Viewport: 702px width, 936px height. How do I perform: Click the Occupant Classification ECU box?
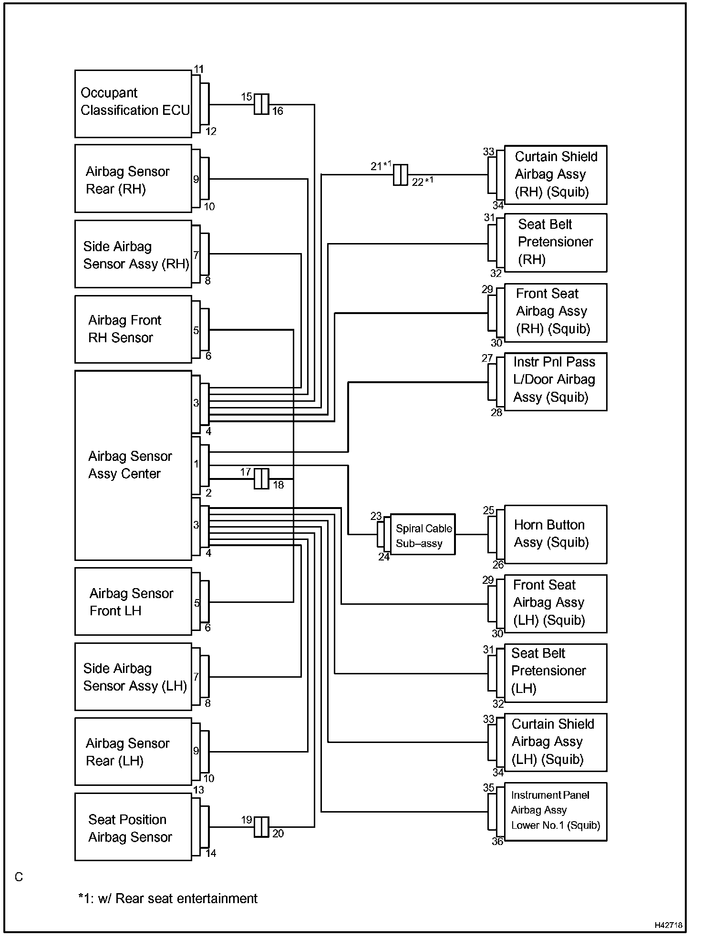point(133,104)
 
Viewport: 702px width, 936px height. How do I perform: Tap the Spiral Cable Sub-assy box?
point(423,534)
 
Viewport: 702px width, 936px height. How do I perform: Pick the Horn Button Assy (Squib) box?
point(555,534)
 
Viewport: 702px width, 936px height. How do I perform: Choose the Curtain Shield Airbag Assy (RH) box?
point(555,175)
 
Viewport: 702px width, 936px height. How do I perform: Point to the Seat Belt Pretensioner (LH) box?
point(555,673)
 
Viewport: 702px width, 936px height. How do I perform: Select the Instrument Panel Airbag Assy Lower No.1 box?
point(555,812)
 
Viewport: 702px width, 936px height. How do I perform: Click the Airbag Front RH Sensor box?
point(133,329)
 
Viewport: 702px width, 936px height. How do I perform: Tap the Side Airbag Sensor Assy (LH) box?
point(133,677)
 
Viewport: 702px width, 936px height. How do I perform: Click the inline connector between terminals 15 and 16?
point(261,104)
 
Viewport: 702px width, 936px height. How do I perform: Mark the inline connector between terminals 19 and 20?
point(261,827)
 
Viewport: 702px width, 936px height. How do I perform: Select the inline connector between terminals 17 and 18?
point(261,478)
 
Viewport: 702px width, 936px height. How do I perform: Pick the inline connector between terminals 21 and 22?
point(401,175)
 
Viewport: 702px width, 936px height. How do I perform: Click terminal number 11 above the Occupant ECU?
point(199,70)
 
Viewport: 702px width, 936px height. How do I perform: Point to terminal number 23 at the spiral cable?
point(376,516)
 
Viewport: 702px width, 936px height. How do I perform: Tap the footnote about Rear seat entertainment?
point(168,898)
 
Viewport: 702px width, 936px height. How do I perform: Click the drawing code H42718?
point(668,925)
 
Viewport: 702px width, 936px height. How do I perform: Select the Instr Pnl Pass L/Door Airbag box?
point(555,381)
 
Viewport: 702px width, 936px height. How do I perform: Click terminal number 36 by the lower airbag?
point(497,842)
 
